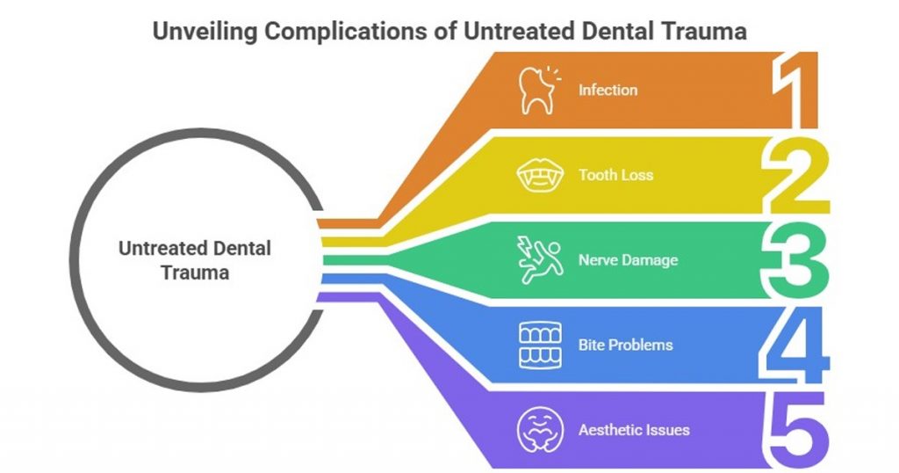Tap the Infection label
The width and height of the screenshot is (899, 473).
[608, 90]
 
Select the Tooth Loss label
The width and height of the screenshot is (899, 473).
[615, 175]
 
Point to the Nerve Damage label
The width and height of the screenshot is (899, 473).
[628, 260]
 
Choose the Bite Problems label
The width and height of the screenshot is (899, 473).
[625, 345]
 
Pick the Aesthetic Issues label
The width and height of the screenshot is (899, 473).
[633, 430]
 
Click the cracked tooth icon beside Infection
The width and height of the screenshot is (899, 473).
[538, 90]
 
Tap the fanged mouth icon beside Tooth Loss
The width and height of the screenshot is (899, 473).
[537, 175]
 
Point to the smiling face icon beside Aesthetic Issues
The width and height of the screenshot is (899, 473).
[536, 430]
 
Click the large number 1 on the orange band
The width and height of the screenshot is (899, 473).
[795, 90]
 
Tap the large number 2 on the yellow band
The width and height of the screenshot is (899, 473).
[795, 175]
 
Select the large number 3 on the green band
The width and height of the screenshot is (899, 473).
[795, 260]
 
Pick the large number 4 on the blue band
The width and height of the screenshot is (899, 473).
[795, 345]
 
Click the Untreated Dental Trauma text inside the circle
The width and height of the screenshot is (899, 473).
[195, 260]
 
